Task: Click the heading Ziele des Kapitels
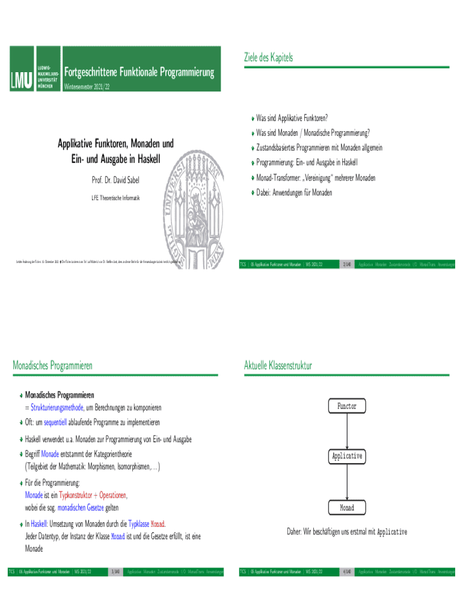coord(268,57)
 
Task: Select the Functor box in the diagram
coord(347,407)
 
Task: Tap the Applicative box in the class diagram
coord(347,456)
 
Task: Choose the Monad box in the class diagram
coord(347,508)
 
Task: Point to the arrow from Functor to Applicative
coord(347,431)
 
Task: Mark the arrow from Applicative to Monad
coord(347,482)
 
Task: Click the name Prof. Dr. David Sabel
coord(115,181)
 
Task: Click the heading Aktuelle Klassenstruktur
coord(278,365)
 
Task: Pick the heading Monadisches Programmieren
coord(52,365)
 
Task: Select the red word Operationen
coord(113,495)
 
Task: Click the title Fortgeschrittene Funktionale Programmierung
coord(139,73)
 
